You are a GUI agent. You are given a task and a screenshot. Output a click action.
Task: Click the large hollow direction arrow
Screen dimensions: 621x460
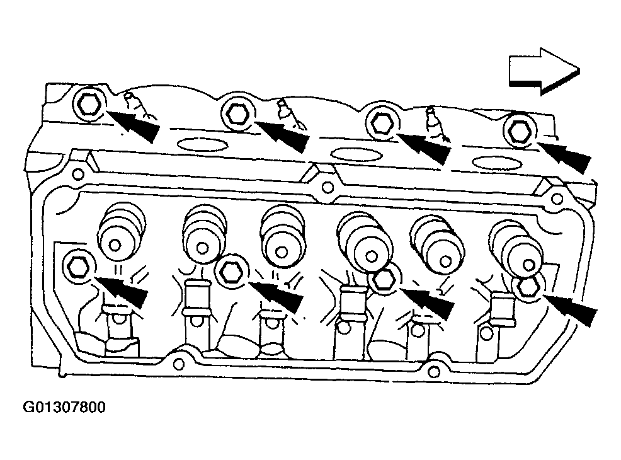click(544, 71)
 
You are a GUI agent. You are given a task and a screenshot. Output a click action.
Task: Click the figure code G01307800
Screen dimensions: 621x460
click(64, 407)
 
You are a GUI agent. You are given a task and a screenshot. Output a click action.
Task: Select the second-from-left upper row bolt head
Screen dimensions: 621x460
click(237, 113)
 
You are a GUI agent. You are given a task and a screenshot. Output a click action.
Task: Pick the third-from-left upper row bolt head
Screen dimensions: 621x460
click(382, 122)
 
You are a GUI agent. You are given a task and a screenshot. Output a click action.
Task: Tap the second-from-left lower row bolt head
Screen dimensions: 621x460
click(232, 272)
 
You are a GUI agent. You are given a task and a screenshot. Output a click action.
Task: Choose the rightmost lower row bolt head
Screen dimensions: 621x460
click(528, 287)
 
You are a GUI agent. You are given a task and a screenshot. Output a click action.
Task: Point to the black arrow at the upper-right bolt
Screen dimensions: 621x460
click(564, 157)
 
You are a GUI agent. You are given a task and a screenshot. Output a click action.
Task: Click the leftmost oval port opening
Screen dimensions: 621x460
click(202, 144)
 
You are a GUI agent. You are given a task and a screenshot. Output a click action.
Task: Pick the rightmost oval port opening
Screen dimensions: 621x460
click(498, 163)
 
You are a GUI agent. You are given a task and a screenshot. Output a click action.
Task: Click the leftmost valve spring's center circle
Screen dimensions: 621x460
click(115, 245)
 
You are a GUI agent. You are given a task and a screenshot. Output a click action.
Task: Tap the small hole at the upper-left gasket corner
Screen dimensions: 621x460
click(78, 173)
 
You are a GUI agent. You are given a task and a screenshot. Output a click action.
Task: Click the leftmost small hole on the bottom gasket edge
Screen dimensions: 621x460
click(179, 364)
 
